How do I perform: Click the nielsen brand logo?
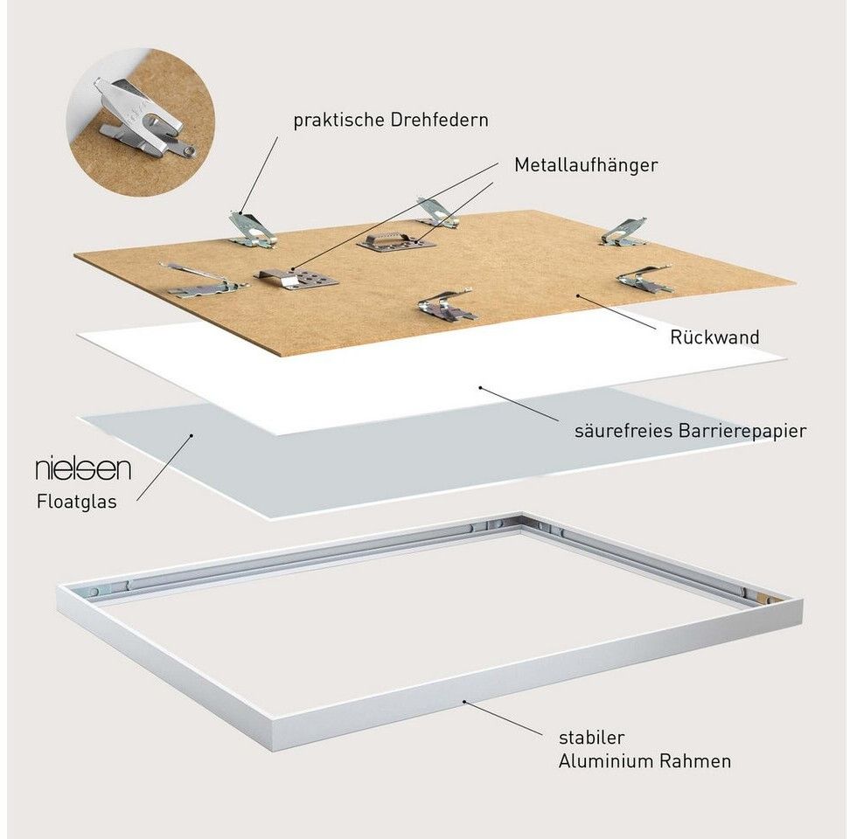pos(83,468)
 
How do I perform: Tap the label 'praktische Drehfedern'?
pos(391,120)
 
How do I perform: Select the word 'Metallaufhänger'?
pos(585,164)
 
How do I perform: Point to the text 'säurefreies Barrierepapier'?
pos(690,430)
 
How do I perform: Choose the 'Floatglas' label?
pos(76,502)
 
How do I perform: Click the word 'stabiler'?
pos(592,738)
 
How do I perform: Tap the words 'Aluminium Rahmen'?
pos(644,761)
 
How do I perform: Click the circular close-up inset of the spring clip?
pos(141,122)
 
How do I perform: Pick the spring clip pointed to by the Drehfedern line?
pos(251,230)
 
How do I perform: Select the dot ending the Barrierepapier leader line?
pos(480,385)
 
